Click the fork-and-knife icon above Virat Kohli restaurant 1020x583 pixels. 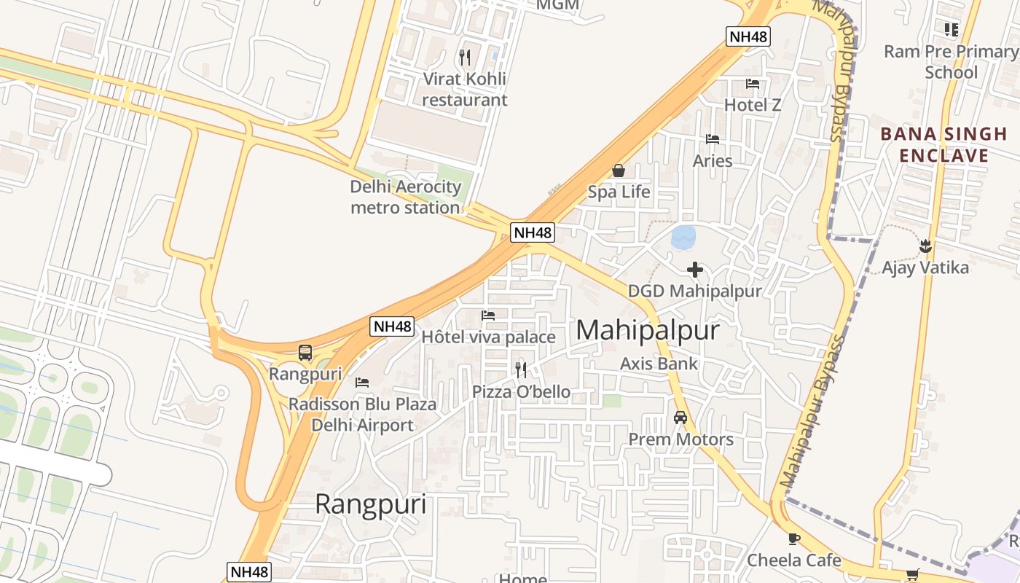point(465,57)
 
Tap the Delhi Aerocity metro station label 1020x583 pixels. point(406,197)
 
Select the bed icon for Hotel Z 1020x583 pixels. point(753,84)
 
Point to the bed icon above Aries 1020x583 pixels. point(713,139)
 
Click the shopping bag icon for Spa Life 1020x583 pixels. point(619,171)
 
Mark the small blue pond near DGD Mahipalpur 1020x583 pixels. point(683,237)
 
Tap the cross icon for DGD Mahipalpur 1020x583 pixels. point(695,270)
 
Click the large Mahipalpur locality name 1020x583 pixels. point(648,331)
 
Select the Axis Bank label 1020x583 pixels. point(659,364)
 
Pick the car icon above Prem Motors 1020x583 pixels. point(680,418)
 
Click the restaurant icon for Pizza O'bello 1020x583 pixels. point(521,370)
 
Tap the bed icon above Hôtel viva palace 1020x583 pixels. point(488,316)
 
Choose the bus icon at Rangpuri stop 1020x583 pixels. point(305,353)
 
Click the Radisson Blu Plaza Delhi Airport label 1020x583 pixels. point(363,415)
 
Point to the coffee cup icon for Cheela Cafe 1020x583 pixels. point(793,539)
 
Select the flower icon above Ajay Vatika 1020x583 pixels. point(925,246)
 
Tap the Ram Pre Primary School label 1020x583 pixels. point(951,62)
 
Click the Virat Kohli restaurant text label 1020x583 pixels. point(465,89)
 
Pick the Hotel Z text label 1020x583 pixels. point(753,106)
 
